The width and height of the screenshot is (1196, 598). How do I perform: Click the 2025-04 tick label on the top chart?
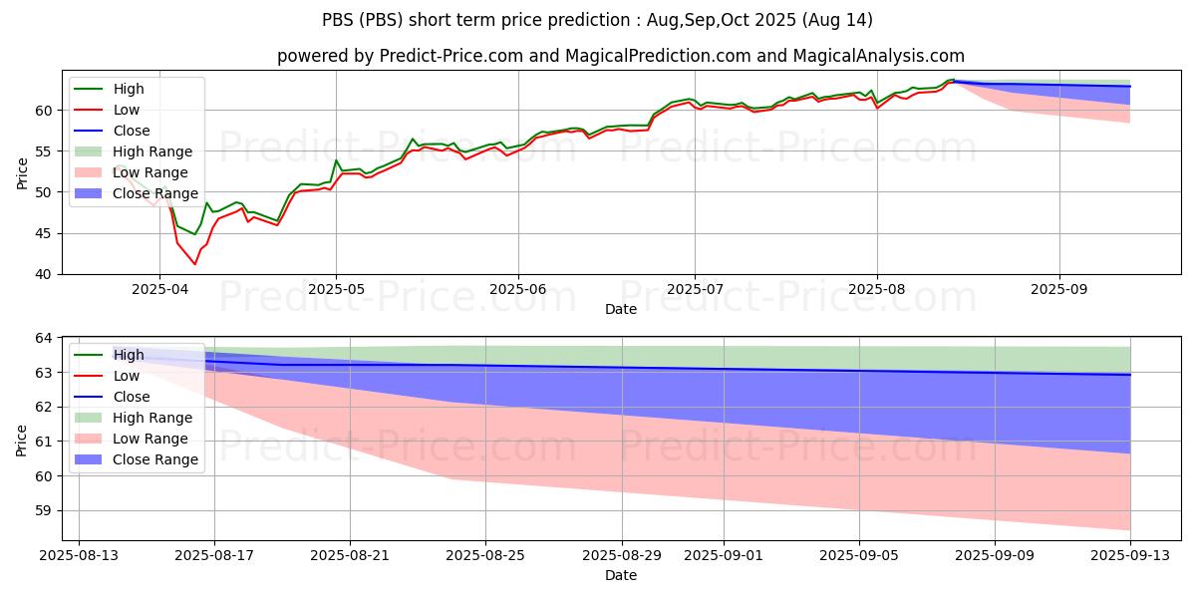(x=158, y=290)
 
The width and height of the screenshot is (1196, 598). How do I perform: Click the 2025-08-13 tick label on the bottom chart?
(x=81, y=556)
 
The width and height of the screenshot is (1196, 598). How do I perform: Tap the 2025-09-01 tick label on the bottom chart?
(x=722, y=556)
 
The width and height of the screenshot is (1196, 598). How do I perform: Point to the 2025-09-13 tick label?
(x=1129, y=556)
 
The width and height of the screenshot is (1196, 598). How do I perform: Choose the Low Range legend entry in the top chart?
(x=152, y=172)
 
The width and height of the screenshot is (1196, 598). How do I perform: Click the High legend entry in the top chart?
(x=129, y=89)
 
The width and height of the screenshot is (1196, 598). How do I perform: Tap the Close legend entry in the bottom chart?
(x=132, y=397)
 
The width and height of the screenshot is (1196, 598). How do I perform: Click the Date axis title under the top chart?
(x=620, y=309)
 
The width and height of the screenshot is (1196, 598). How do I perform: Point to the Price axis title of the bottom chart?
(x=22, y=440)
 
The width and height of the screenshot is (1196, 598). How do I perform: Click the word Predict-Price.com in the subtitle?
(x=452, y=57)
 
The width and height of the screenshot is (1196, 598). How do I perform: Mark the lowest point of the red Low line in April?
(x=195, y=264)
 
